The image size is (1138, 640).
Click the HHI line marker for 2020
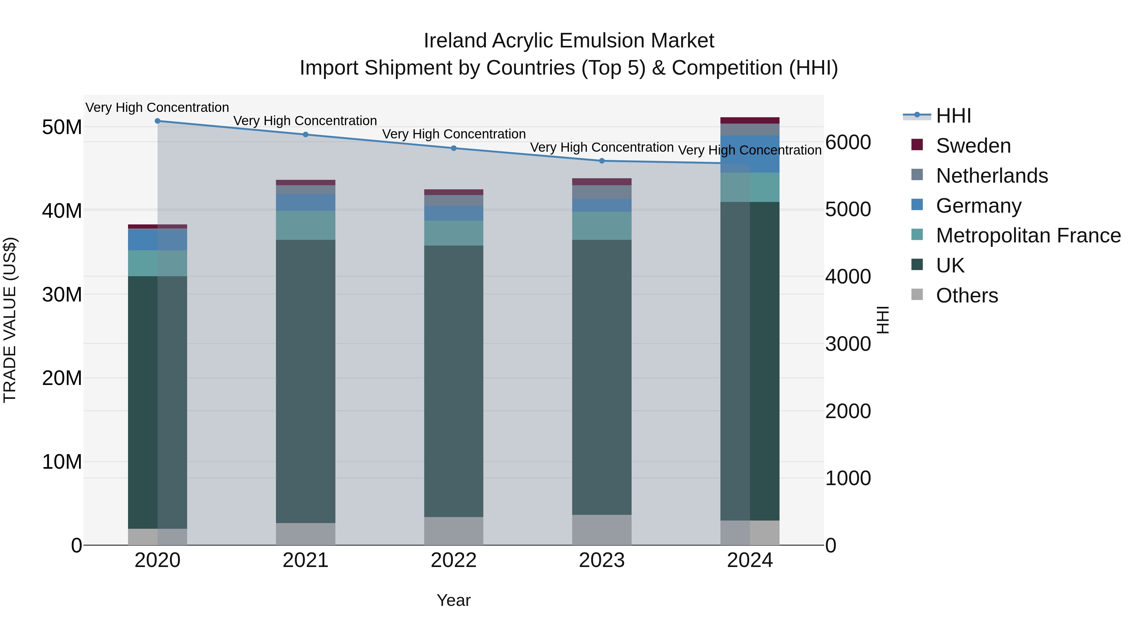point(157,121)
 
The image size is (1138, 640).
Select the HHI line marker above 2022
point(454,149)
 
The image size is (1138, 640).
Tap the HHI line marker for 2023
point(602,161)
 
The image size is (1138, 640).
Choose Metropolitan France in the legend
point(1028,235)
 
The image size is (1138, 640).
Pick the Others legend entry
point(967,296)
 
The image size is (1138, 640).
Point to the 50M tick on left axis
point(62,127)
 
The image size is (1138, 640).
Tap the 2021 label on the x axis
point(305,560)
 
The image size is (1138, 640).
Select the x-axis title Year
point(454,600)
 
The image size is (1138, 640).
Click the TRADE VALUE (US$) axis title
point(10,320)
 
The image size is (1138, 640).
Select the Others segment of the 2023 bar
point(602,530)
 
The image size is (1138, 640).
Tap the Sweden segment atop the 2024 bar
point(750,121)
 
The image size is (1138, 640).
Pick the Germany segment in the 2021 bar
point(305,202)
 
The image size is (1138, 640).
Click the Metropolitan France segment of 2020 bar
point(157,263)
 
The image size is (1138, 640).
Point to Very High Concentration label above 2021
point(305,121)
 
